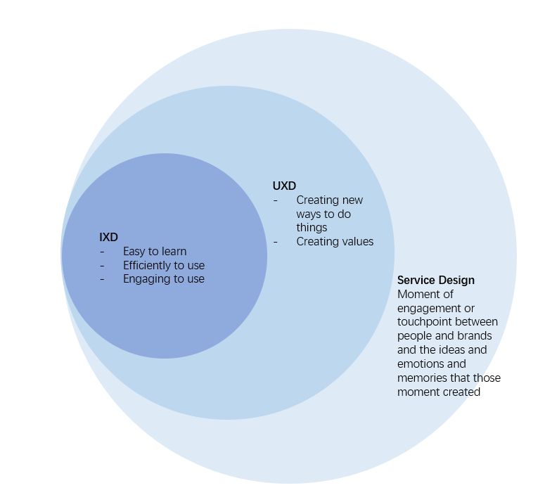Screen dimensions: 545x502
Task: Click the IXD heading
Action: (108, 238)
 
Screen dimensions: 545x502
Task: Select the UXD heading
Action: (284, 186)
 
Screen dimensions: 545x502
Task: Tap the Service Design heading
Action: (435, 280)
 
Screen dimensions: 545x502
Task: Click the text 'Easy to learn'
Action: (155, 251)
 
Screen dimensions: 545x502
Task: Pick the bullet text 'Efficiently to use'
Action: (164, 265)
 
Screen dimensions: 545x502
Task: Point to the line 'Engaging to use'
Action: (164, 278)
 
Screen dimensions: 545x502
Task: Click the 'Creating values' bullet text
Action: (335, 241)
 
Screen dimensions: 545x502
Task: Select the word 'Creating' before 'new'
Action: (317, 200)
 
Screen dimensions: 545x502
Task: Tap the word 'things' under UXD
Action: (312, 227)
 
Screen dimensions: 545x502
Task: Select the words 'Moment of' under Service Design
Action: (425, 294)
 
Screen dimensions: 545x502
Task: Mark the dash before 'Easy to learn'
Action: (103, 252)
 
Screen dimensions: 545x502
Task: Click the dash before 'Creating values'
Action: (276, 241)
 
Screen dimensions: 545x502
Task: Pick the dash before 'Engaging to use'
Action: (103, 279)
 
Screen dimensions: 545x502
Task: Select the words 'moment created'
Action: (438, 392)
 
